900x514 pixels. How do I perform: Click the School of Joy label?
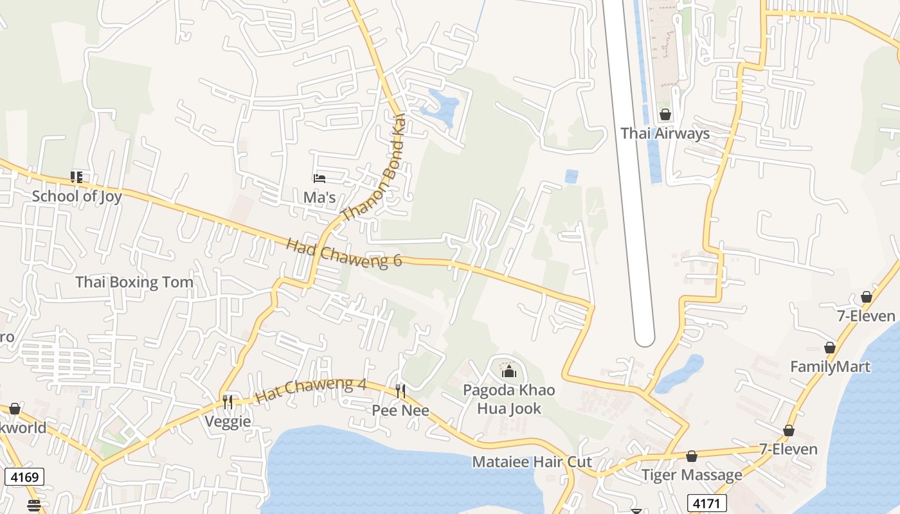(76, 196)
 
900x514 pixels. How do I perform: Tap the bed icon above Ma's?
(319, 178)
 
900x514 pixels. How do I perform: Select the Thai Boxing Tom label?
(134, 282)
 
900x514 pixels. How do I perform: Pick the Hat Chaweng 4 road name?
(310, 391)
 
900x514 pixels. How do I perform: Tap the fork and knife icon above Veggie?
(228, 402)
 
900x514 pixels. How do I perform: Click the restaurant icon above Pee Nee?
(401, 391)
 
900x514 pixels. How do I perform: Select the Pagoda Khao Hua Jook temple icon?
(509, 371)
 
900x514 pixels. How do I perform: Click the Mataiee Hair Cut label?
(532, 462)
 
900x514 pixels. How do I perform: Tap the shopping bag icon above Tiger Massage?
(692, 456)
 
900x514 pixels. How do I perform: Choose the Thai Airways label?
(665, 134)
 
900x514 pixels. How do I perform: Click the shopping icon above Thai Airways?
(665, 115)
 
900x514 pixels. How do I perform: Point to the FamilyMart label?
(830, 367)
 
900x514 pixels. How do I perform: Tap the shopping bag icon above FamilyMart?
(830, 348)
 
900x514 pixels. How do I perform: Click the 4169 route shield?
(24, 477)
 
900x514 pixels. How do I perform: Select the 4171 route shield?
(707, 502)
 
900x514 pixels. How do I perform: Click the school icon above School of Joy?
(76, 177)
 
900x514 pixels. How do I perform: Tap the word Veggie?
(228, 421)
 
